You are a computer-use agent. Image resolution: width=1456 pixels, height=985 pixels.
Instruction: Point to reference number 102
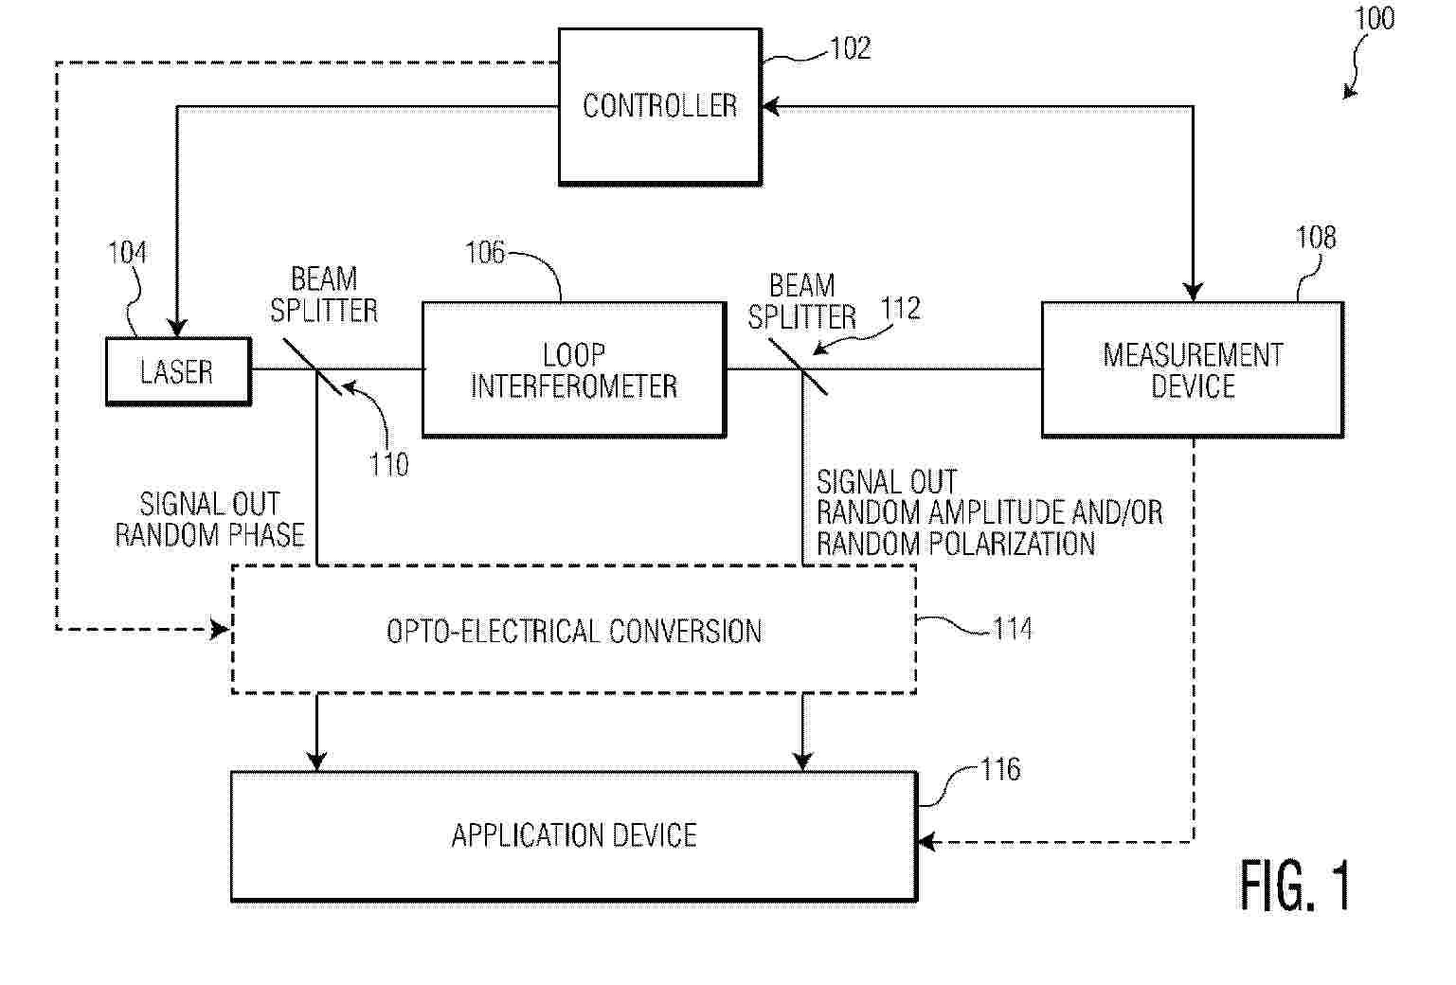850,48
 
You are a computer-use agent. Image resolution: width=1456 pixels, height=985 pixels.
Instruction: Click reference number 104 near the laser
127,252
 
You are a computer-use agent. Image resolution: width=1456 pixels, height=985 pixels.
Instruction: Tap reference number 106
485,252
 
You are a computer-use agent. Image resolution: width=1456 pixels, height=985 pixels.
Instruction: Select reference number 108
1316,238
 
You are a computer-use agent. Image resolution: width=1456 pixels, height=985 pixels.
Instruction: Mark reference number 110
388,465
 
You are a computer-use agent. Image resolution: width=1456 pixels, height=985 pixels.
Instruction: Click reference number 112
900,308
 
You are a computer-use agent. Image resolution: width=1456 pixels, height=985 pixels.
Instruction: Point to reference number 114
1013,629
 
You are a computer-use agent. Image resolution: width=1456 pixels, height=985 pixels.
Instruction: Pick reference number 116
1001,769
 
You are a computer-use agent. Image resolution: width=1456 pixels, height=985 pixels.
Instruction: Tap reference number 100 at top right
1375,18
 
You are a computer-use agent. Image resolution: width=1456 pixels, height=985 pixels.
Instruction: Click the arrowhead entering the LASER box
177,328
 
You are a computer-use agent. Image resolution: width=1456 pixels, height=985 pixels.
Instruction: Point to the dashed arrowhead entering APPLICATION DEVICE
926,843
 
